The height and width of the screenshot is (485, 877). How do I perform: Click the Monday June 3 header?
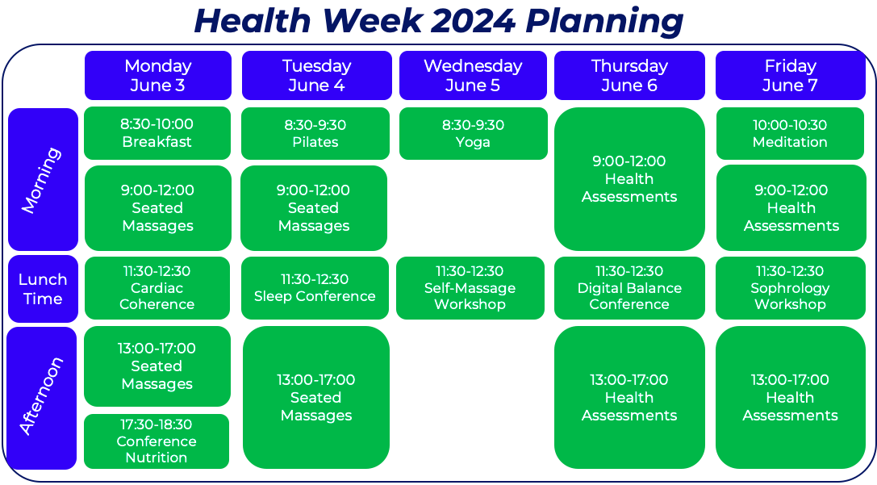[x=157, y=76]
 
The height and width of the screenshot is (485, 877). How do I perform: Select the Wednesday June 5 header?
[x=473, y=76]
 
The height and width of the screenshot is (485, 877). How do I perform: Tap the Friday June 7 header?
[x=791, y=76]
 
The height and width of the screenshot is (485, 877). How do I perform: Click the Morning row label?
[x=43, y=180]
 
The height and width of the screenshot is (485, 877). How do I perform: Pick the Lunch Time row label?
[x=43, y=289]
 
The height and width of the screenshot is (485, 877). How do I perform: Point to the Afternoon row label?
[x=42, y=399]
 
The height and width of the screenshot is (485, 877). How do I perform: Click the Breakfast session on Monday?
[x=157, y=133]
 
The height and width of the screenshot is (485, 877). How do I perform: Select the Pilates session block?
[x=315, y=134]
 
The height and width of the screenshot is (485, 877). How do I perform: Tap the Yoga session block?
[x=473, y=134]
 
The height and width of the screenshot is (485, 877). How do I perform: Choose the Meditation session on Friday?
[x=791, y=134]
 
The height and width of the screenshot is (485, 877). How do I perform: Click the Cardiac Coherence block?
[x=157, y=288]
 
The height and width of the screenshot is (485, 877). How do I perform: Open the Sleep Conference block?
[x=315, y=288]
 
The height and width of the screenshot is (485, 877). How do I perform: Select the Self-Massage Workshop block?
[x=470, y=288]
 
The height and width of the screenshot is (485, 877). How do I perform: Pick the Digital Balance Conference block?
[x=629, y=288]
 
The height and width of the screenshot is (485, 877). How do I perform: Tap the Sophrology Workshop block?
[x=791, y=288]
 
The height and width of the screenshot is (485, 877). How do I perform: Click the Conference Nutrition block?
[x=157, y=441]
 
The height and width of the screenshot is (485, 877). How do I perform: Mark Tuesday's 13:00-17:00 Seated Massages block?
[x=316, y=398]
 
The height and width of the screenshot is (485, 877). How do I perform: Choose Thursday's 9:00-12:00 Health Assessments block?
[x=629, y=179]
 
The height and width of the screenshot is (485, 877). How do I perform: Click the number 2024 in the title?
[x=473, y=21]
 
